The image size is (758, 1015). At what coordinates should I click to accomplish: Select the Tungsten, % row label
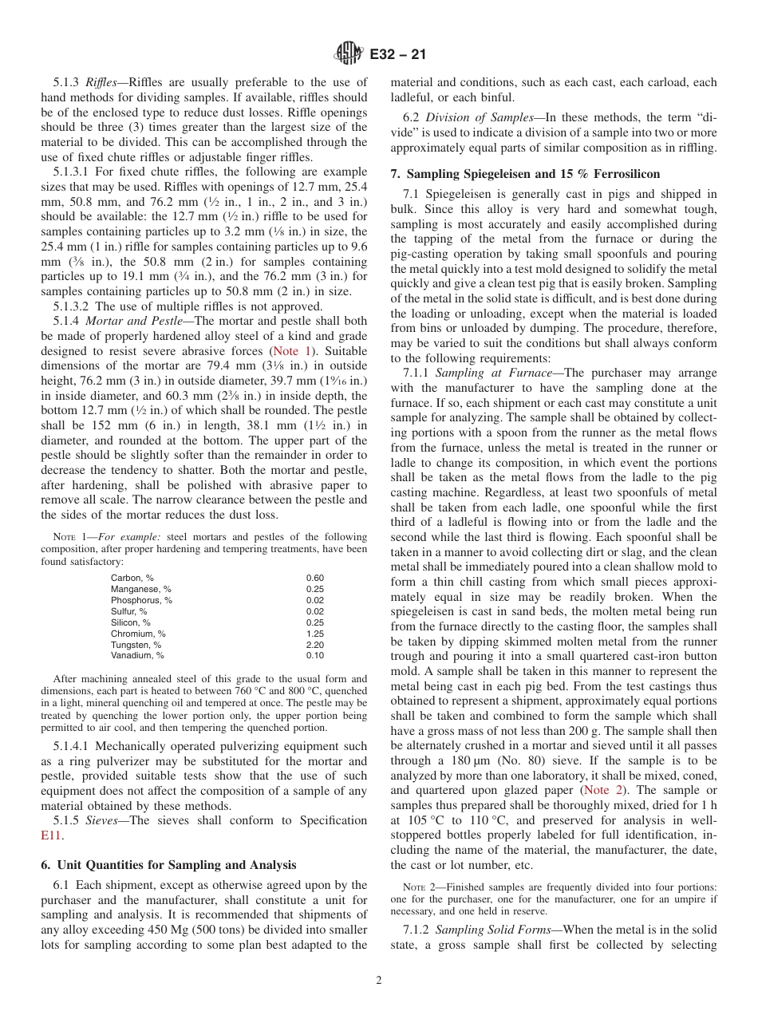click(136, 645)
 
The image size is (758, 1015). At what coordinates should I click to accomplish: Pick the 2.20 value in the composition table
click(315, 645)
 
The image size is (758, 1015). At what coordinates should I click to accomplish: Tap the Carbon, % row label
click(132, 578)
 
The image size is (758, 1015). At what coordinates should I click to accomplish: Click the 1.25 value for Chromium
click(315, 634)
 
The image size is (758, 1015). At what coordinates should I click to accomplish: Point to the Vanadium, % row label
click(137, 656)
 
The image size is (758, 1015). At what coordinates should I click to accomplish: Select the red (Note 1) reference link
click(293, 351)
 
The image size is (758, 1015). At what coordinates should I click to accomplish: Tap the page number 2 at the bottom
click(379, 981)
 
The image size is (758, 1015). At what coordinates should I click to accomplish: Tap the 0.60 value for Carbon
click(315, 578)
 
